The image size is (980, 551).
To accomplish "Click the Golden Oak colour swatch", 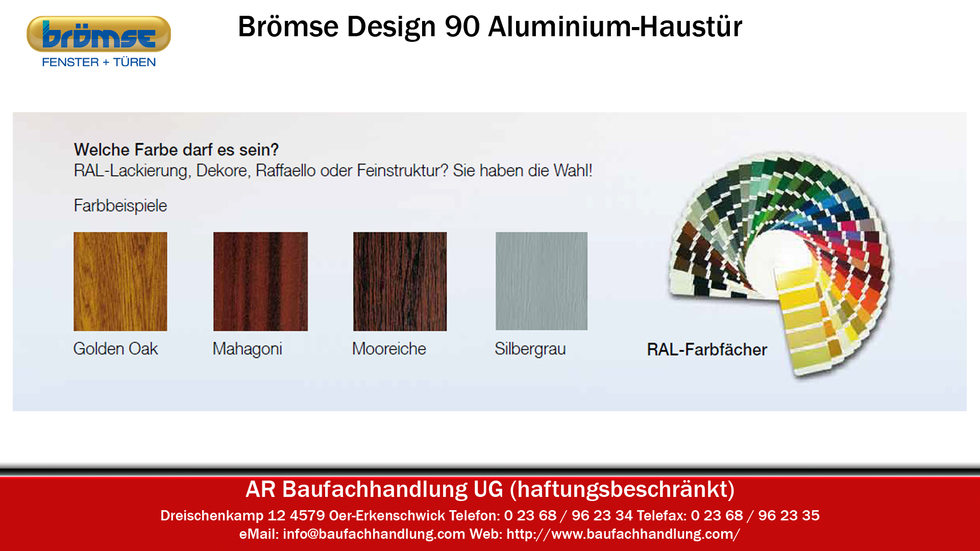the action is [120, 282].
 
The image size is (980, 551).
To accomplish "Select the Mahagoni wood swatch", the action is [260, 282].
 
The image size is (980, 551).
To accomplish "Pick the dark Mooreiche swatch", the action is [400, 282].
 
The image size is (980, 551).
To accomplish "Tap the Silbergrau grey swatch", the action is [542, 281].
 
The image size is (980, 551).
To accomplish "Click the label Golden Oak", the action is [116, 349].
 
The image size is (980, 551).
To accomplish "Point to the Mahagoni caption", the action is [248, 349].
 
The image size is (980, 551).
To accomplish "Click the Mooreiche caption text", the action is [389, 349].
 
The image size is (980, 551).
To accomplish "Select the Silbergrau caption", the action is [530, 349].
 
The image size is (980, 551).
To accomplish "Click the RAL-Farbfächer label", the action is [707, 349].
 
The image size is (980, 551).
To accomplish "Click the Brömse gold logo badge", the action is [99, 34].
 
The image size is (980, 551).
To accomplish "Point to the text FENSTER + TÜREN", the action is [99, 62].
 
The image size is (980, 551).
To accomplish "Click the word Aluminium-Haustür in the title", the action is [615, 27].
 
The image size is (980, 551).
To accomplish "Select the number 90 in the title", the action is [462, 27].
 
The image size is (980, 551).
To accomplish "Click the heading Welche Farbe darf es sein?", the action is [177, 150].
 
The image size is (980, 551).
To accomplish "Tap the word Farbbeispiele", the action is [120, 206].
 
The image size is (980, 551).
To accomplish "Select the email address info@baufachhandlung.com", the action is [374, 534].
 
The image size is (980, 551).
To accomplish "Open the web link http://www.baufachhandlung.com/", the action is [623, 534].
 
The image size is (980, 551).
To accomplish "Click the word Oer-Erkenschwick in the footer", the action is [387, 516].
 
